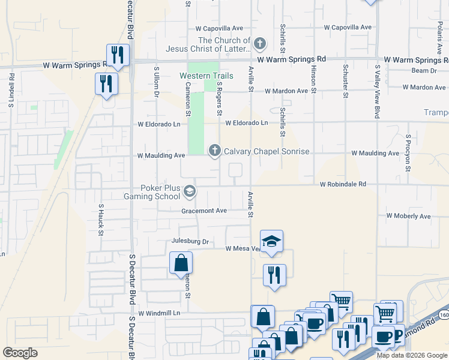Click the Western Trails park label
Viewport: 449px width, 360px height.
(x=203, y=76)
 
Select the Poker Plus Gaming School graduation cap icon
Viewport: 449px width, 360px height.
(x=189, y=191)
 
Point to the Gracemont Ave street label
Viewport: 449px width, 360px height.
(x=204, y=211)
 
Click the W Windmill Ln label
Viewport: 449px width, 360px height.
(x=159, y=313)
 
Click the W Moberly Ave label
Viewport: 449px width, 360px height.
(x=408, y=216)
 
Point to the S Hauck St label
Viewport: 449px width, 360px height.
(x=100, y=219)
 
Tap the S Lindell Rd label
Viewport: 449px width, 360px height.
(x=11, y=90)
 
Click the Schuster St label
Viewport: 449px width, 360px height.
(x=346, y=81)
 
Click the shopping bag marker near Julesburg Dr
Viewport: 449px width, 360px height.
(x=181, y=263)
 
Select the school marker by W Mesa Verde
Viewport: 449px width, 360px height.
(x=271, y=241)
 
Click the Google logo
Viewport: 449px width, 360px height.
(x=20, y=353)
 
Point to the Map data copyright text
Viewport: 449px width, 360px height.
(x=411, y=355)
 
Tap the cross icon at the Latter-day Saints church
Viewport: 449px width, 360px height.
(x=259, y=44)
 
